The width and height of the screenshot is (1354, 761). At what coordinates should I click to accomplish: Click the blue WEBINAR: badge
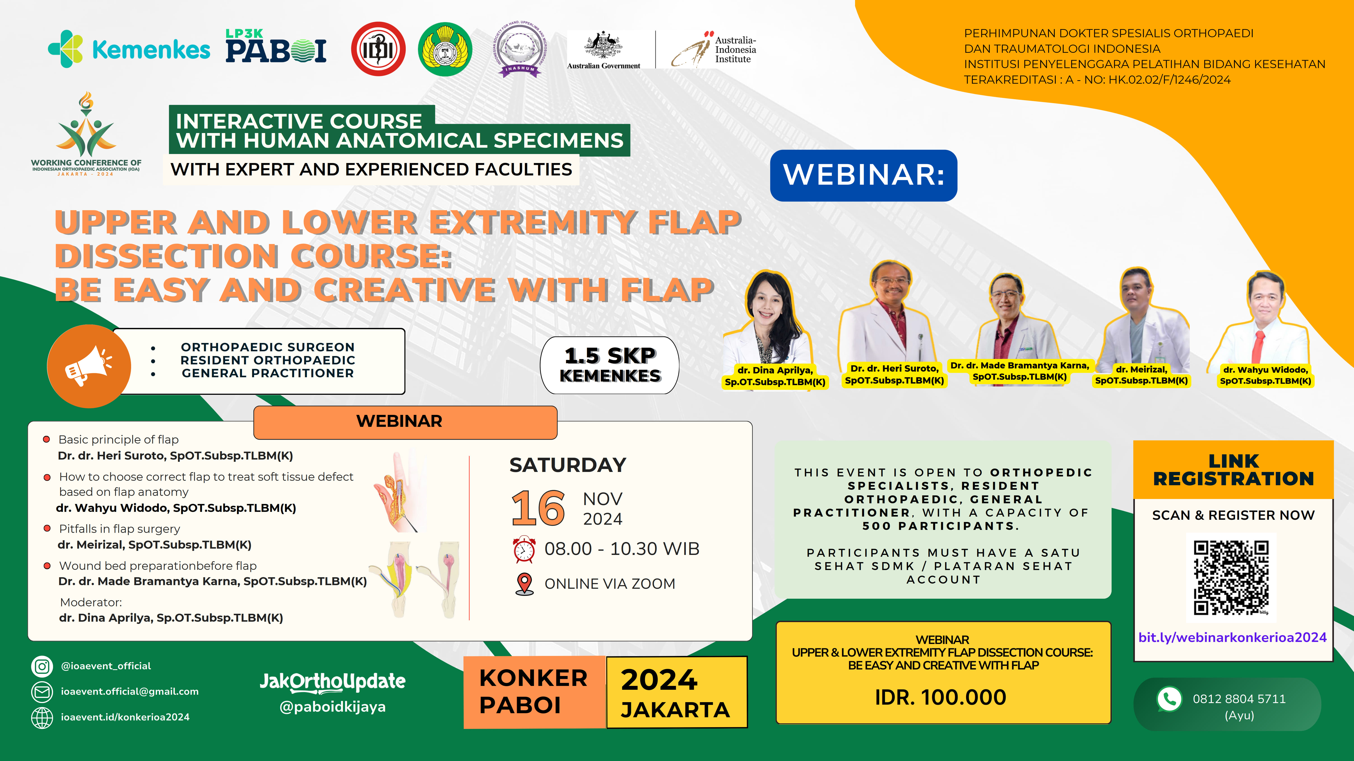click(863, 175)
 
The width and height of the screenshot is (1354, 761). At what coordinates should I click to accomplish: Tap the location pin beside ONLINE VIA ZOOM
click(524, 584)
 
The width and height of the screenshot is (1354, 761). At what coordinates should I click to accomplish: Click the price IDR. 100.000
click(940, 697)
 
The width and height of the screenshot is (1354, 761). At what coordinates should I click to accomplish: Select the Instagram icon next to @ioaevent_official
click(42, 666)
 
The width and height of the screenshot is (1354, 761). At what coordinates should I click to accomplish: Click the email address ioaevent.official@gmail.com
click(129, 691)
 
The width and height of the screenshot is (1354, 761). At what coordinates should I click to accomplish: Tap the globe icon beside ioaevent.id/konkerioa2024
click(42, 717)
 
